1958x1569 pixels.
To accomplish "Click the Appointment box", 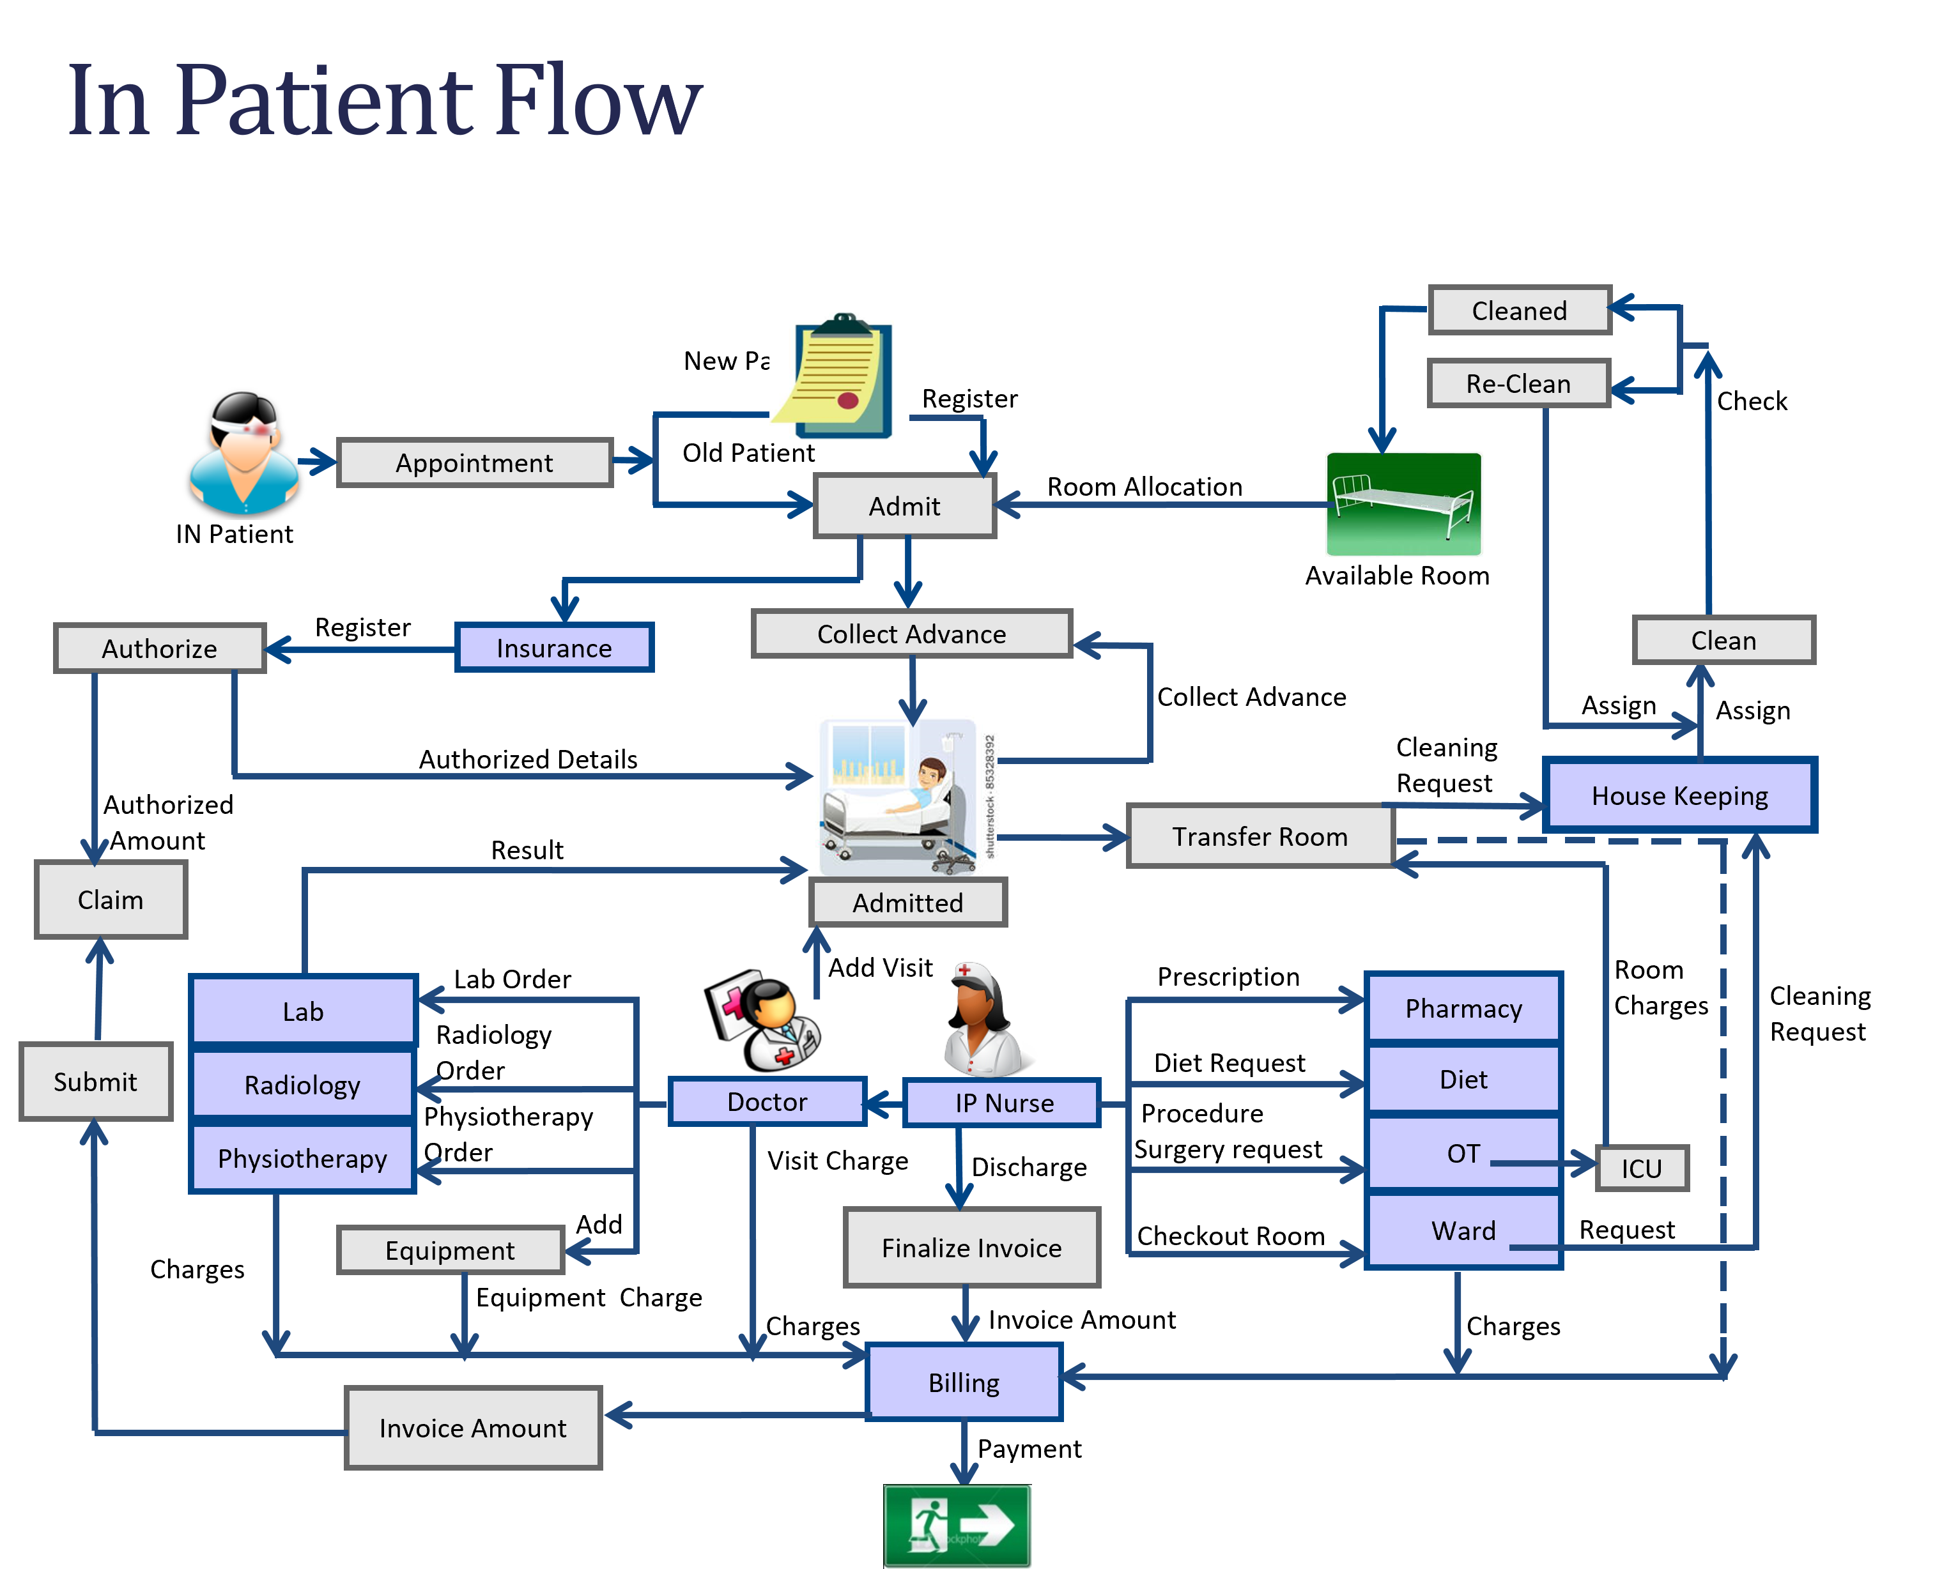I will (474, 463).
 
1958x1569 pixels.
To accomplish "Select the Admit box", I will (904, 506).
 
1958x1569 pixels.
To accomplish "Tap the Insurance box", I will (554, 647).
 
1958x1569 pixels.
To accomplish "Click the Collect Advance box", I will (912, 634).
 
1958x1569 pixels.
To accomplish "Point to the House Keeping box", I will (1679, 795).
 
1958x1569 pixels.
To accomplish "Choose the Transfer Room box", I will (1260, 836).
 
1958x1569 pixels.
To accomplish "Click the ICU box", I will (1641, 1168).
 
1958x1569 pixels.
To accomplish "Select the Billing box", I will (964, 1382).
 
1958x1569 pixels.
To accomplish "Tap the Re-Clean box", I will (1518, 383).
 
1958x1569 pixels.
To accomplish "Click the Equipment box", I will (451, 1250).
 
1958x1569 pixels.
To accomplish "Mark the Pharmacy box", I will (1463, 1008).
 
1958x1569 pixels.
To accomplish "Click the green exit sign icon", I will (957, 1526).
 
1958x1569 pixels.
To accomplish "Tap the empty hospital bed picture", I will (1403, 504).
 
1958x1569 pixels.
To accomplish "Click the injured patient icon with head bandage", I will (243, 454).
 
